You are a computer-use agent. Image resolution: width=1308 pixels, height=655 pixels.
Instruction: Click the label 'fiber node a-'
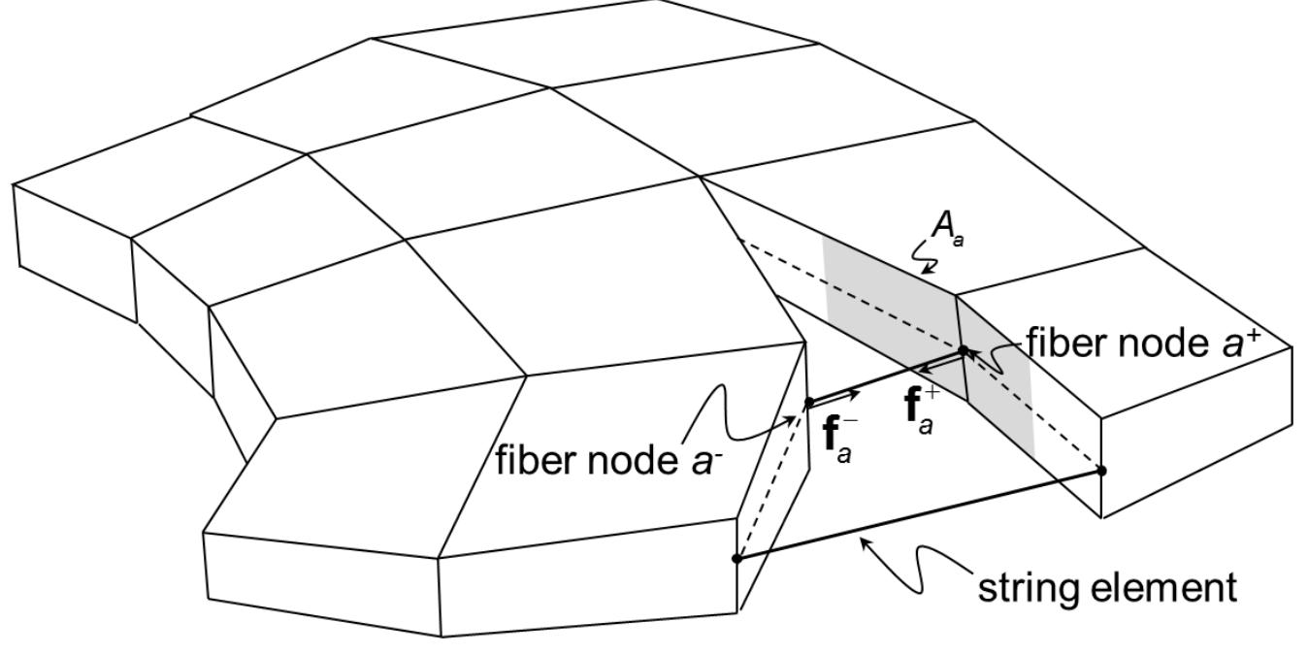point(610,459)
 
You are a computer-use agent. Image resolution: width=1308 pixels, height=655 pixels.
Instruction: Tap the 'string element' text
point(1106,587)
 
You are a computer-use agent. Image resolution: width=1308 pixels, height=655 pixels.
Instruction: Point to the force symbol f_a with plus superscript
point(922,406)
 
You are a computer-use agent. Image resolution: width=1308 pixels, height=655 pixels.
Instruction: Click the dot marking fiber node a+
point(964,350)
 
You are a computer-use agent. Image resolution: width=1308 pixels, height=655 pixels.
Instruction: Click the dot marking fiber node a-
point(809,402)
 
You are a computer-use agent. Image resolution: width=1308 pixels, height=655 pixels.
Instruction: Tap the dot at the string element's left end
point(736,558)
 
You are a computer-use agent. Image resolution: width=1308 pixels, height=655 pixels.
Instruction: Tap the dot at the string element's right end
point(1101,471)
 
